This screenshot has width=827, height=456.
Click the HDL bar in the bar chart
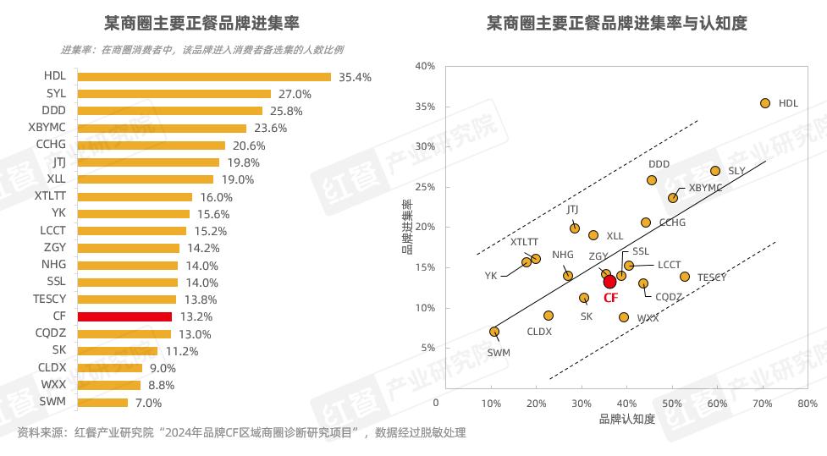coord(203,77)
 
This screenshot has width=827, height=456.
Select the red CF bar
coord(124,316)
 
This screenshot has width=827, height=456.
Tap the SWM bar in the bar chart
coord(102,403)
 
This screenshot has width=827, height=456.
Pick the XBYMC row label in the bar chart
coord(47,128)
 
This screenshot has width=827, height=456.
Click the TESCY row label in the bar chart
coord(48,299)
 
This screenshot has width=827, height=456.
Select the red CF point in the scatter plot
coord(609,282)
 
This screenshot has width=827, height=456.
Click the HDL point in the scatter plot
coord(765,103)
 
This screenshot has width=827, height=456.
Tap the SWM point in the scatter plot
coord(494,332)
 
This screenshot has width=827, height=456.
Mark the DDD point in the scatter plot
coord(652,180)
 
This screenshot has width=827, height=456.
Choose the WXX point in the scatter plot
coord(624,317)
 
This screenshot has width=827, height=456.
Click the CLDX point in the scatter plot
coord(549,316)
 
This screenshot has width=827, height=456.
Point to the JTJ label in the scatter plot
coord(573,209)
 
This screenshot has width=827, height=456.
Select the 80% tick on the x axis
coord(807,404)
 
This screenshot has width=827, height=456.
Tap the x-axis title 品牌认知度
coord(626,420)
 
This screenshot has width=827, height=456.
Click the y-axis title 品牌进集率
coord(406,227)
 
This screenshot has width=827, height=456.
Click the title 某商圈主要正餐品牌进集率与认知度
coord(616,23)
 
